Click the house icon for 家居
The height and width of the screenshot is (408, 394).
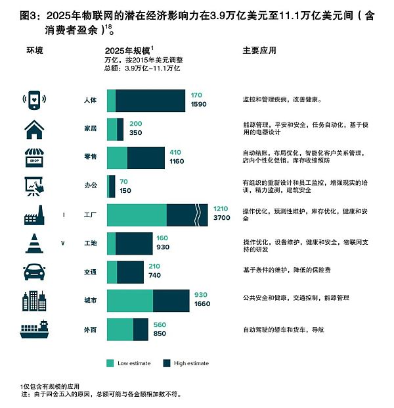(35, 129)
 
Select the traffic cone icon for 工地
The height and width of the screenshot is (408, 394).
(35, 243)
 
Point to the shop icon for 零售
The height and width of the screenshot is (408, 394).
(35, 158)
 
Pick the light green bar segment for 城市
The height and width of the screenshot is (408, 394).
(129, 301)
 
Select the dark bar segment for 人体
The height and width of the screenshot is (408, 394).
(150, 101)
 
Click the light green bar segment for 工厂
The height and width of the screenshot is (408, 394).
(137, 215)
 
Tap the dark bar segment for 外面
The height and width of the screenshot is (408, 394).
(141, 329)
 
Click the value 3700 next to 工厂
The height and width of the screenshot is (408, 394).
(222, 218)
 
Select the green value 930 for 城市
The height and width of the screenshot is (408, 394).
(201, 295)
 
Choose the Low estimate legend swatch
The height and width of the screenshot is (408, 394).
(110, 363)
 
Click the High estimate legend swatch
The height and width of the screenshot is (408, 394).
(167, 363)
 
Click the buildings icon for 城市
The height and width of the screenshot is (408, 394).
(35, 300)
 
